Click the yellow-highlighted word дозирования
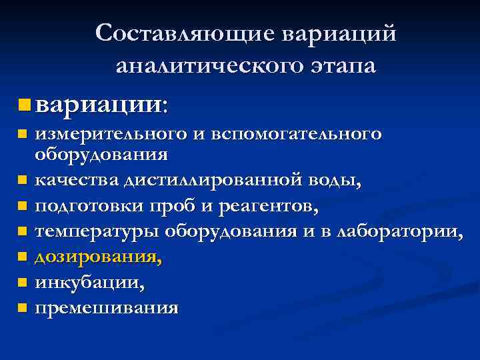[97, 257]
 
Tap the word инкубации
[89, 283]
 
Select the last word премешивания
[106, 308]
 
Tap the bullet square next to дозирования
[22, 257]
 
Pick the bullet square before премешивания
[22, 308]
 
